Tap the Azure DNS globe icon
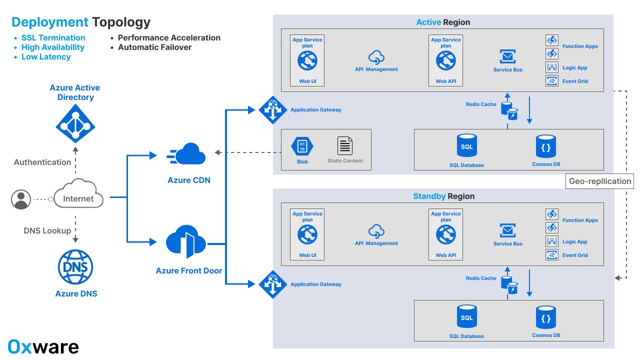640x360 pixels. click(x=75, y=267)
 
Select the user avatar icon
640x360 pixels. click(x=21, y=199)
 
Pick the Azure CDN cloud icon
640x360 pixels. click(x=186, y=154)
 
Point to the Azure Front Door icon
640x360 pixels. click(x=186, y=242)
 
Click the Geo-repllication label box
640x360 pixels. click(x=600, y=181)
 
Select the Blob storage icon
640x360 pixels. click(x=302, y=146)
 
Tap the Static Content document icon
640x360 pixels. click(x=345, y=146)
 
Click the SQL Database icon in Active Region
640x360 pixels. click(x=466, y=145)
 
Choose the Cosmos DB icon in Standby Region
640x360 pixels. click(x=546, y=317)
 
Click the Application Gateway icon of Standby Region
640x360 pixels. click(x=272, y=284)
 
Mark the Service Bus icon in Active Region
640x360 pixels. click(x=507, y=56)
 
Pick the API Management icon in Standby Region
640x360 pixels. click(x=376, y=231)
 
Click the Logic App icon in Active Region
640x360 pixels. click(x=552, y=67)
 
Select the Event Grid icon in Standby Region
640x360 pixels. click(x=552, y=255)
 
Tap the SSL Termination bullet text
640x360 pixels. click(x=53, y=38)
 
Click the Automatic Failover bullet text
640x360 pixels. click(x=154, y=47)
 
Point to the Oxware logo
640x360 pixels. click(x=43, y=346)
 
